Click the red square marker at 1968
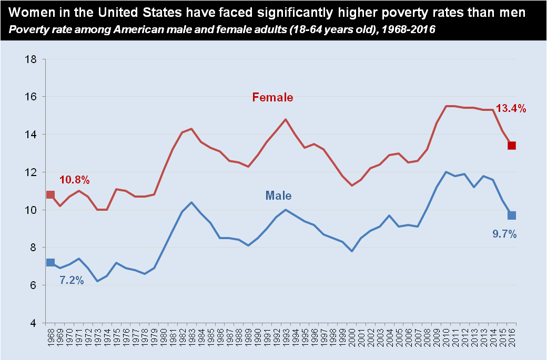tap(50, 194)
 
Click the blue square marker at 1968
tap(50, 262)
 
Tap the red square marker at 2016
tap(511, 146)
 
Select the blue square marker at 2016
tap(511, 215)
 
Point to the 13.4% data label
tap(511, 109)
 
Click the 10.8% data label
tap(74, 180)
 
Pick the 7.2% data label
tap(71, 281)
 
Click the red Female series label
tap(272, 97)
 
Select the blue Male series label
tap(278, 196)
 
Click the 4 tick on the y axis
tap(33, 323)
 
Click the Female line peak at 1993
tap(286, 119)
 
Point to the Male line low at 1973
tap(97, 281)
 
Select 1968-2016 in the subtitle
tap(404, 29)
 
